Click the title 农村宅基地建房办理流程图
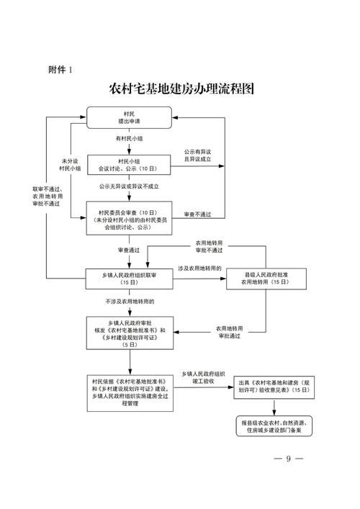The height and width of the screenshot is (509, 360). (x=180, y=90)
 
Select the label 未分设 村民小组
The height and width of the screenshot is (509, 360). (x=69, y=163)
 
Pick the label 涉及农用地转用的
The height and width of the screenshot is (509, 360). (x=199, y=269)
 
